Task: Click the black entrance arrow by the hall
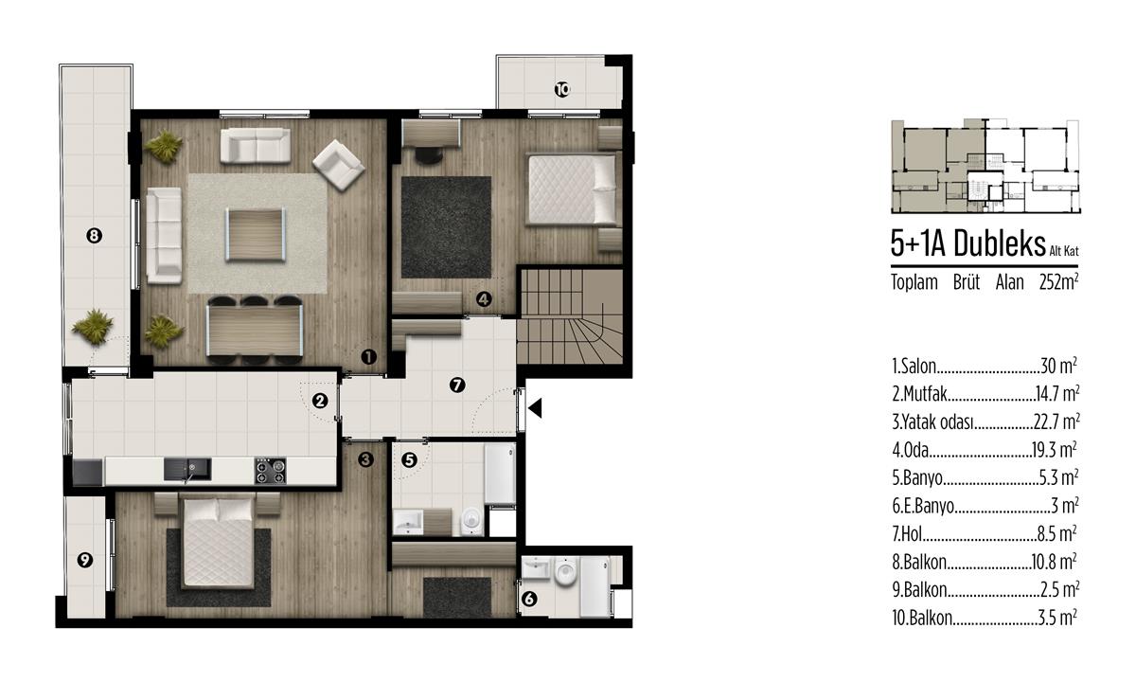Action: pos(536,408)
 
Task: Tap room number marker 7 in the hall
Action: pos(457,386)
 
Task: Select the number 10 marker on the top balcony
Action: pos(562,90)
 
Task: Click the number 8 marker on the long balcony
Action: pos(95,236)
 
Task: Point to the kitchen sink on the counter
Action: pos(187,470)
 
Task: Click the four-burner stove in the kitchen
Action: pos(271,471)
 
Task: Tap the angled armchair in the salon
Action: pos(338,165)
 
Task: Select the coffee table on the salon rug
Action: pos(256,235)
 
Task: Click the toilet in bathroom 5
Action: pos(471,521)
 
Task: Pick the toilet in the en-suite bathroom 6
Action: pos(564,571)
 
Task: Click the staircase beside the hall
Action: pos(570,316)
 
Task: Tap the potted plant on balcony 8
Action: pos(94,328)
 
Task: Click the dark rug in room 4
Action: pos(446,226)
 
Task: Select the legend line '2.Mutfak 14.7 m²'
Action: pos(985,394)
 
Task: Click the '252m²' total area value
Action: pos(1059,282)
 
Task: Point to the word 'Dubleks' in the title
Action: pos(999,243)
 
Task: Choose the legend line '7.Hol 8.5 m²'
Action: pos(985,534)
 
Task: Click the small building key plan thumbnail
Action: pos(985,167)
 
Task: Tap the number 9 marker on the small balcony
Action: pos(84,560)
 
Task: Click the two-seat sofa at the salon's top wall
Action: pos(256,146)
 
